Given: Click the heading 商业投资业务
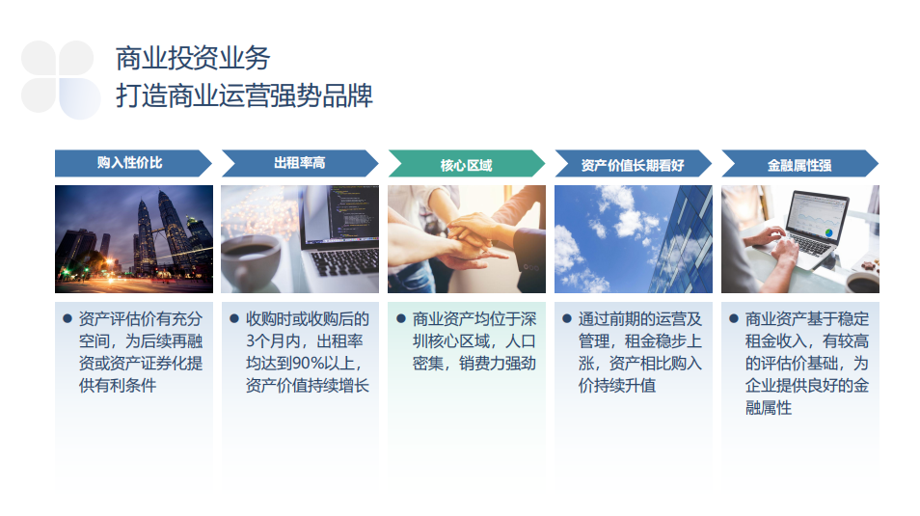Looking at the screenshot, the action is (193, 58).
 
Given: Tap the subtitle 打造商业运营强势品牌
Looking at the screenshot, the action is (244, 95).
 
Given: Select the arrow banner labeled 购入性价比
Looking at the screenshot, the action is (133, 163).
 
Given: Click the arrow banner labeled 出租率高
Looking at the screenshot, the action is (300, 163).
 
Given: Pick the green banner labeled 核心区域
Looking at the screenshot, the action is (467, 163).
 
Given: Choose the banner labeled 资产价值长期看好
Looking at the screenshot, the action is (633, 163).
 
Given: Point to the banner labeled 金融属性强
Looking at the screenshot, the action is (799, 163).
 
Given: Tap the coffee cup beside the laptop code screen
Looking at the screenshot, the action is (251, 261).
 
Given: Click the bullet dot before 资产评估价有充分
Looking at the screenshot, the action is (68, 318).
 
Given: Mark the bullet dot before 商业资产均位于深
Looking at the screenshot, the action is (401, 318).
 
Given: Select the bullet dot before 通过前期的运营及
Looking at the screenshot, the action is (567, 318).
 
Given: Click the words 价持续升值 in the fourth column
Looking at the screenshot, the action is (616, 386).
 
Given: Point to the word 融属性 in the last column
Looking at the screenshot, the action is (769, 408).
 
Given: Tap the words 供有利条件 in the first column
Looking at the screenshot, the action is (118, 386).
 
